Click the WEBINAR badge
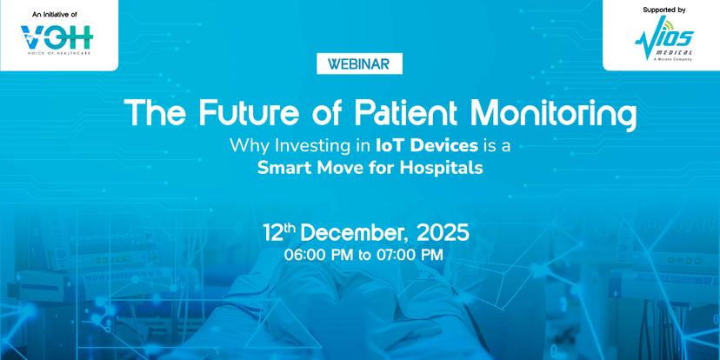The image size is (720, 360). (x=359, y=63)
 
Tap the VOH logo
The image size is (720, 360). (x=57, y=37)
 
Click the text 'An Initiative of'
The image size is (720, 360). (x=55, y=15)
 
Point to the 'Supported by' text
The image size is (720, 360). (x=664, y=10)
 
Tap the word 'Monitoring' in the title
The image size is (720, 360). (x=554, y=114)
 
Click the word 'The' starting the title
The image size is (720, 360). (x=155, y=112)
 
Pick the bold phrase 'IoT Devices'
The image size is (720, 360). (x=427, y=146)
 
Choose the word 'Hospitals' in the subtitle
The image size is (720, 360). (x=441, y=168)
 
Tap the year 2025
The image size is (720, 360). (x=443, y=233)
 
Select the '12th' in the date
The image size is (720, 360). (x=280, y=232)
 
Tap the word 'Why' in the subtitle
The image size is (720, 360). (x=249, y=147)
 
